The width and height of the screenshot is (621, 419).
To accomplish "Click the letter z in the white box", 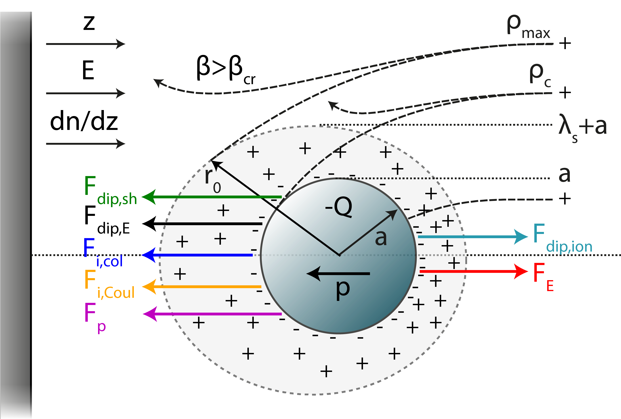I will point(89,23).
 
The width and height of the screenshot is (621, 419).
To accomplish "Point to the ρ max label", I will point(528,27).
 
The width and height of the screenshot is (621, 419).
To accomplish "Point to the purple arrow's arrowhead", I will point(150,314).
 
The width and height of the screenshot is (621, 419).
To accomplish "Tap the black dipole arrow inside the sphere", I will point(338,274).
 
